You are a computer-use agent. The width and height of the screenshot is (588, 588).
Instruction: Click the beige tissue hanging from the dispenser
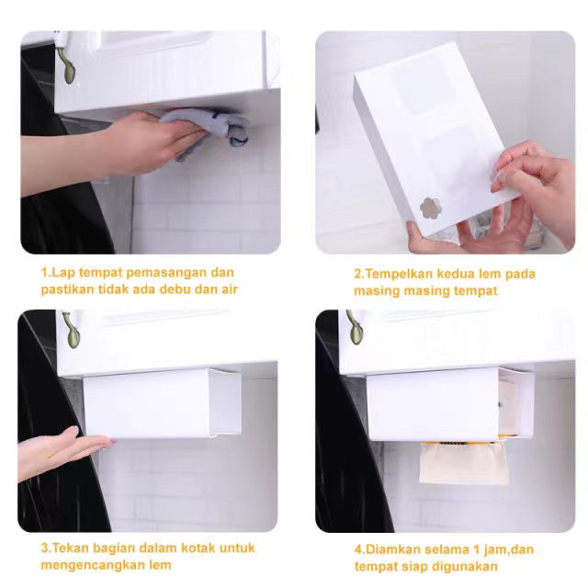pyautogui.click(x=464, y=463)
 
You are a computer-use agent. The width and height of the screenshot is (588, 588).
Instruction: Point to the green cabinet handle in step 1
pyautogui.click(x=66, y=64)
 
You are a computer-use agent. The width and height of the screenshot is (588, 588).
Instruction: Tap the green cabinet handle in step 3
pyautogui.click(x=72, y=330)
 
